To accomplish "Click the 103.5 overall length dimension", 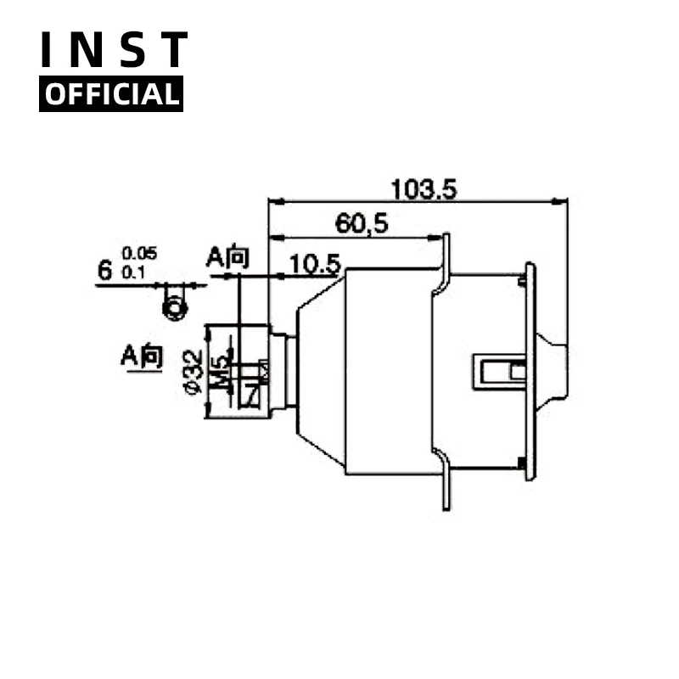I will (x=423, y=188).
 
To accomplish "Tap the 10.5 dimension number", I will (x=314, y=264).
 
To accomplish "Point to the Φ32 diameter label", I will (x=193, y=372).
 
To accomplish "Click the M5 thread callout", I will (x=222, y=370).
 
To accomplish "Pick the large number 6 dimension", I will (x=105, y=271).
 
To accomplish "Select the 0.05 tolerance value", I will (x=139, y=254).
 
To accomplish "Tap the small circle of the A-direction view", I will (x=174, y=307).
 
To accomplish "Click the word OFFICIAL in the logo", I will (x=111, y=93).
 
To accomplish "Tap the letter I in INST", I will (x=50, y=51).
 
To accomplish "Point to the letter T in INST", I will (x=173, y=51).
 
